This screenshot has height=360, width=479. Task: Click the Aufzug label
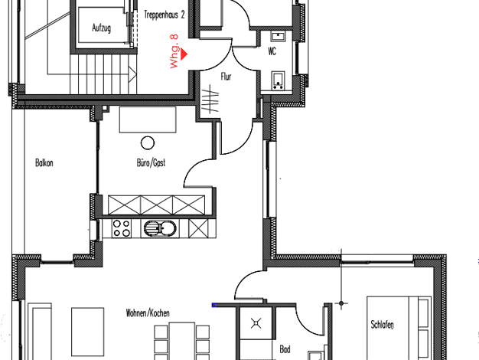pyautogui.click(x=102, y=28)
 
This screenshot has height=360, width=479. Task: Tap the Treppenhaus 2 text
pyautogui.click(x=165, y=15)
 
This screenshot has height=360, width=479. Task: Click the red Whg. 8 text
pyautogui.click(x=174, y=51)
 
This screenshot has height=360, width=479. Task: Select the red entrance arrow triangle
pyautogui.click(x=184, y=54)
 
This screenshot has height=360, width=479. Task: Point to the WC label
pyautogui.click(x=272, y=51)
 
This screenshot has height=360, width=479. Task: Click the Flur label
pyautogui.click(x=226, y=77)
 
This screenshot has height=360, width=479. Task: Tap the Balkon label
pyautogui.click(x=44, y=162)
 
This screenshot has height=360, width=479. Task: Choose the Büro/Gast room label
pyautogui.click(x=152, y=162)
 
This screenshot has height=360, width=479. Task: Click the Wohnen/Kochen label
pyautogui.click(x=148, y=313)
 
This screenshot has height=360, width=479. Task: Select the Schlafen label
pyautogui.click(x=382, y=325)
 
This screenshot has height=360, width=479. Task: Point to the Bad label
pyautogui.click(x=285, y=349)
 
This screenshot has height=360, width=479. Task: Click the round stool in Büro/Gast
pyautogui.click(x=148, y=142)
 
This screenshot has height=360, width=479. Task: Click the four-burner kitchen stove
pyautogui.click(x=122, y=228)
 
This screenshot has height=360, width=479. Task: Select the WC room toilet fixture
pyautogui.click(x=278, y=80)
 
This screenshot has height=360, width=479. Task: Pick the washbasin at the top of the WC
pyautogui.click(x=278, y=37)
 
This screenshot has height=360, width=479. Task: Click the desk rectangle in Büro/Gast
pyautogui.click(x=148, y=119)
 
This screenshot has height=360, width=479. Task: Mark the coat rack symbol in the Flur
pyautogui.click(x=210, y=100)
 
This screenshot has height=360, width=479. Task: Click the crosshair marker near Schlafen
pyautogui.click(x=341, y=303)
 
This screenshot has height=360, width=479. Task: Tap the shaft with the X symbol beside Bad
pyautogui.click(x=256, y=323)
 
